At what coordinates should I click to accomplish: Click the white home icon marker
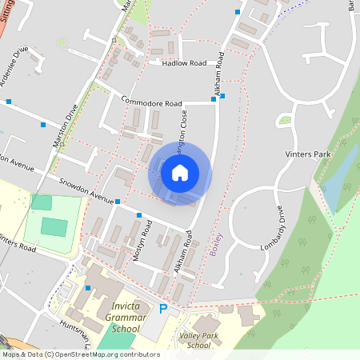[180, 173]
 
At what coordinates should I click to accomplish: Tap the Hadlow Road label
[184, 62]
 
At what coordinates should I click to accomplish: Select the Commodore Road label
[152, 102]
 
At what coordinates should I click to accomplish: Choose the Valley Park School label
[195, 340]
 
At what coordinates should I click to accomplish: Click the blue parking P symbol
[164, 309]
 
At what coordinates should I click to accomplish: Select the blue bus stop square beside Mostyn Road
[139, 215]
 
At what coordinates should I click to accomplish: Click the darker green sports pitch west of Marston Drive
[54, 227]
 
